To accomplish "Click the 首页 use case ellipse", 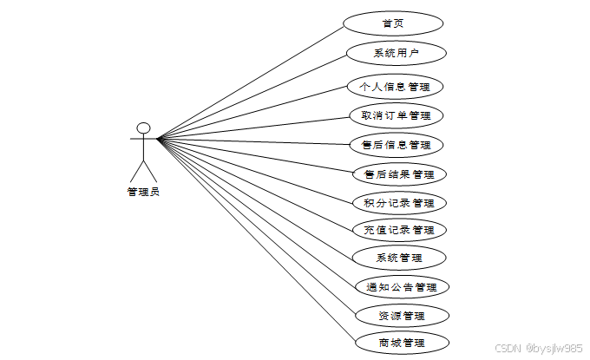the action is (x=392, y=23).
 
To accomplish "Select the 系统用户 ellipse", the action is (x=396, y=53).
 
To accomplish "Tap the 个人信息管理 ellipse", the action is (x=395, y=87).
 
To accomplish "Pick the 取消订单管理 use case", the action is (x=395, y=115).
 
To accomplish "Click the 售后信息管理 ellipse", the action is (x=395, y=144).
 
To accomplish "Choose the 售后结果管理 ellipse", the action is (x=399, y=174).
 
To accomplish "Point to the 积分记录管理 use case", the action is (x=399, y=203).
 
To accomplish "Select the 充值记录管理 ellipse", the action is (x=399, y=230).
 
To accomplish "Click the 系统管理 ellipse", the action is (x=399, y=258).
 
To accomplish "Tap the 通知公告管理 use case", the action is (x=402, y=286).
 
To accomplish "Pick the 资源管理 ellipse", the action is (x=402, y=315).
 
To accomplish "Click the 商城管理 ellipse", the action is (x=402, y=342).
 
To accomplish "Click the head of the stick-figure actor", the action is (x=144, y=129).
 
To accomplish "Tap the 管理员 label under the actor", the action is (x=143, y=193).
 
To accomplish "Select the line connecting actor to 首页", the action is (x=252, y=83).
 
